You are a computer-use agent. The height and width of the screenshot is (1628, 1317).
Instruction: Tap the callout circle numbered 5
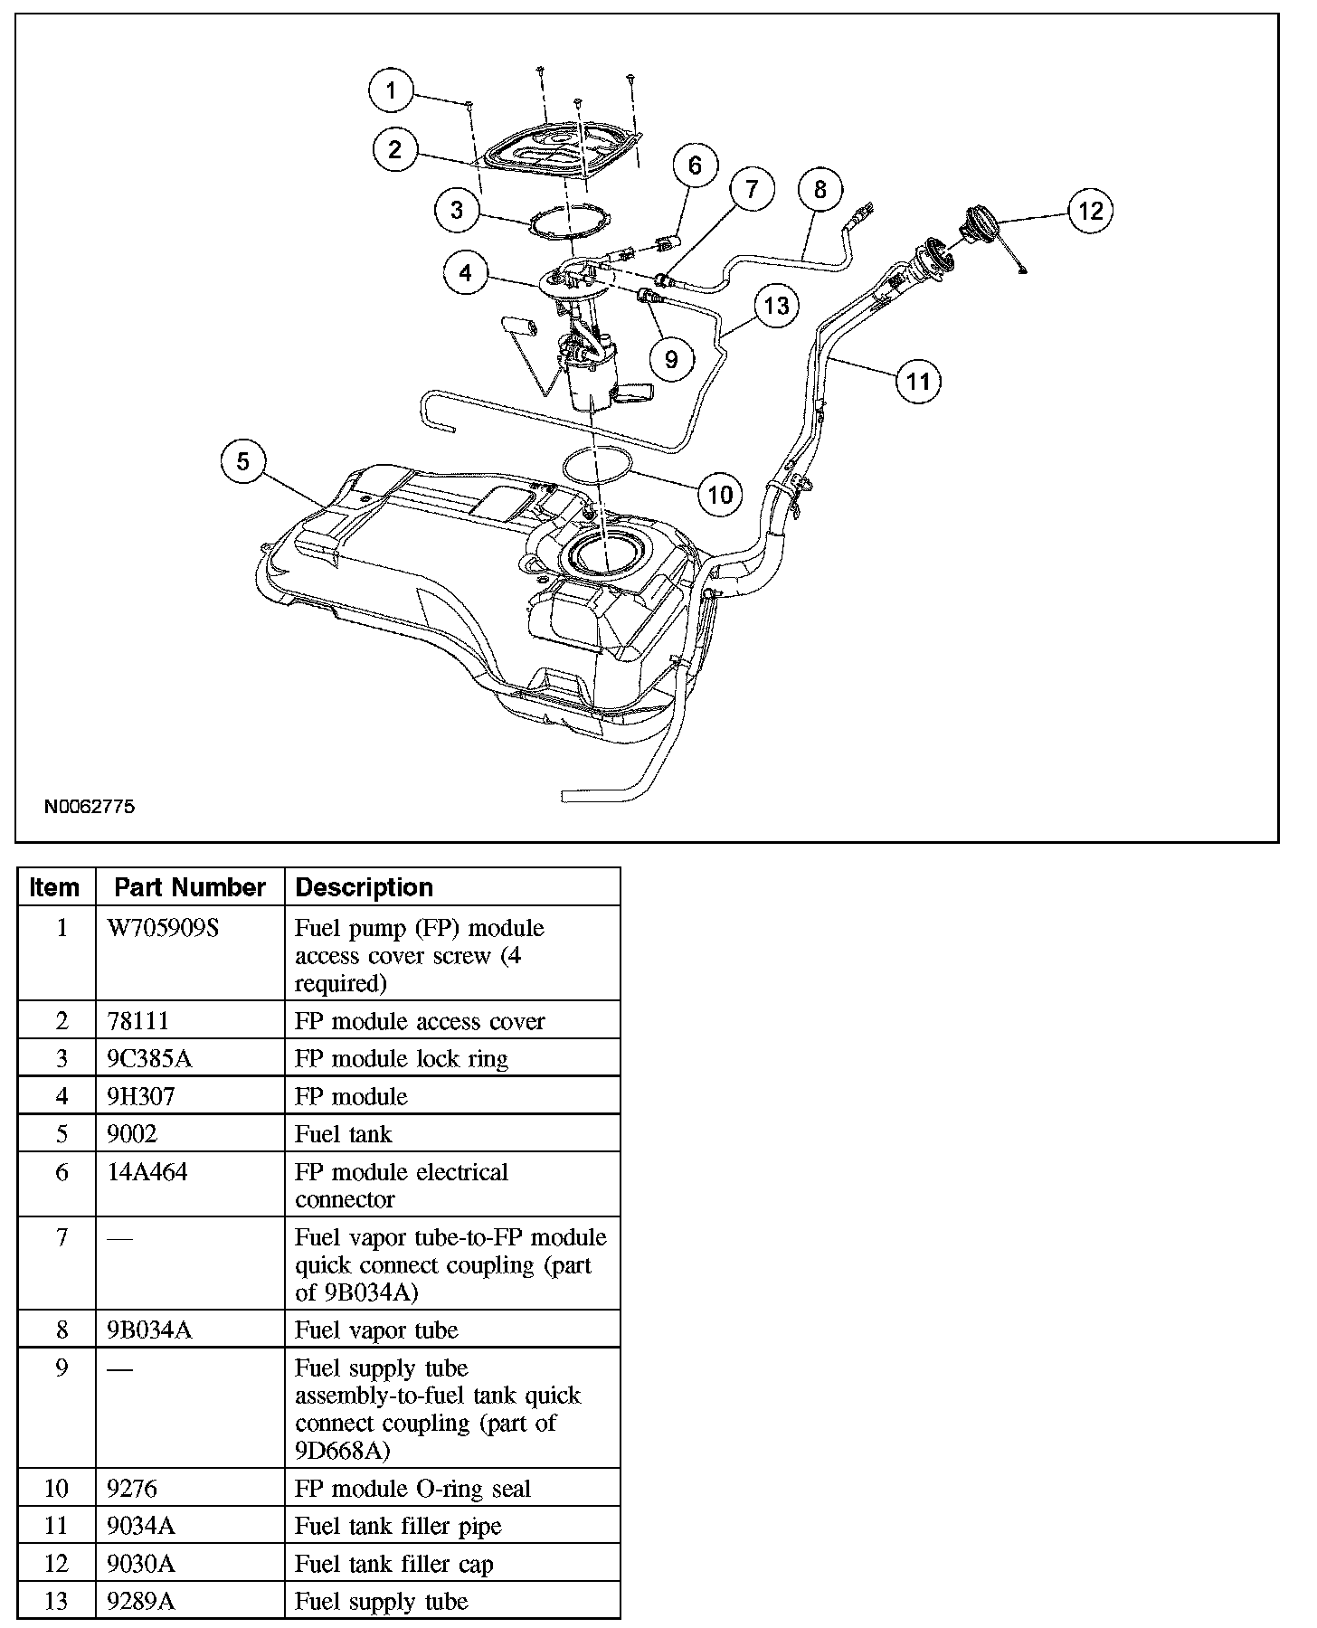point(243,462)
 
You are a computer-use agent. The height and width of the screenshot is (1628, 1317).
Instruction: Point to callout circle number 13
point(776,306)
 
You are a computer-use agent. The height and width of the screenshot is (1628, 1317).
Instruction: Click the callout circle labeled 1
point(391,90)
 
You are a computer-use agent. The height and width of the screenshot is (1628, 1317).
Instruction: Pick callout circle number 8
point(820,190)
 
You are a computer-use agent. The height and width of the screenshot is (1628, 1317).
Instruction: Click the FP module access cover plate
point(561,150)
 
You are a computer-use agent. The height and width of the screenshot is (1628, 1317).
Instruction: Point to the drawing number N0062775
point(90,806)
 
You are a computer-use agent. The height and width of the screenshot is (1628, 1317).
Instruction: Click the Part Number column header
point(190,887)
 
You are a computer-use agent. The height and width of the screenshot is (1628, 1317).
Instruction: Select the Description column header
point(365,887)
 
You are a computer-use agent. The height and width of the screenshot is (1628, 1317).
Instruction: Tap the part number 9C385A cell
point(149,1059)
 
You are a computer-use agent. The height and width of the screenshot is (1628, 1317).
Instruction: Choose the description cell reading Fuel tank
point(344,1134)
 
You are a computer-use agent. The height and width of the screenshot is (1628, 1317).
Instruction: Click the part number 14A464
point(147,1172)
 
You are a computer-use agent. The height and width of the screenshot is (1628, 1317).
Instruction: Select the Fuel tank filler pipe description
point(398,1527)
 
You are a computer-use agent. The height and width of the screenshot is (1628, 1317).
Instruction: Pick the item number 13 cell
point(57,1602)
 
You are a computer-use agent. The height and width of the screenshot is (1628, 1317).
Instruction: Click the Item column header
point(54,887)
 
